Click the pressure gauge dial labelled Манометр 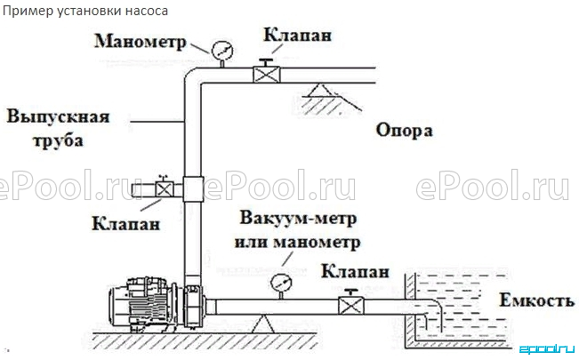[222, 51]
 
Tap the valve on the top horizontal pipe [266, 74]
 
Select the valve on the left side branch [165, 189]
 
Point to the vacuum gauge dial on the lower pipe [281, 284]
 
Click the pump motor [143, 303]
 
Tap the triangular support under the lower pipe [263, 324]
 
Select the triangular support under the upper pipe [321, 91]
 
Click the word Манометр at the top [141, 42]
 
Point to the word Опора [405, 131]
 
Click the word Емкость [537, 300]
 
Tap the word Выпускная [59, 117]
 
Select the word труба [58, 140]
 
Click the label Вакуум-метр [298, 218]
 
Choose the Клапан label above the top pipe [297, 36]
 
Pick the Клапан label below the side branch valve [126, 224]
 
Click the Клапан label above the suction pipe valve [355, 271]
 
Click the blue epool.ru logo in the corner [547, 349]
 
